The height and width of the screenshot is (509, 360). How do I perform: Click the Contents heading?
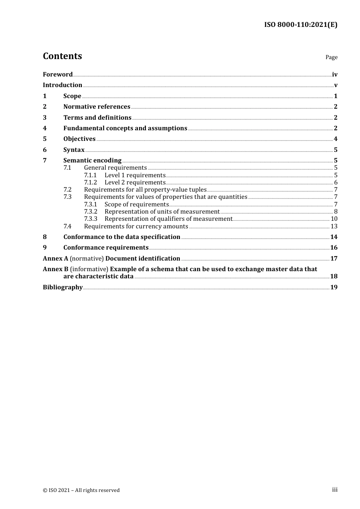point(62,56)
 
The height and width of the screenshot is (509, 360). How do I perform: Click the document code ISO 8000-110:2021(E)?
point(301,25)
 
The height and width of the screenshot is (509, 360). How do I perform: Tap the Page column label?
point(331,57)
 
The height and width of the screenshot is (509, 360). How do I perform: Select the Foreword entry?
point(58,75)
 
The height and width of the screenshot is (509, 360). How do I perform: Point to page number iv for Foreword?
point(335,75)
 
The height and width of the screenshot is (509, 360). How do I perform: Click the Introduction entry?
point(63,85)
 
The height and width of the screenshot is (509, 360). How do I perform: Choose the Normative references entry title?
point(97,107)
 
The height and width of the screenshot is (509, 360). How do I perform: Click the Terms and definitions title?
point(97,117)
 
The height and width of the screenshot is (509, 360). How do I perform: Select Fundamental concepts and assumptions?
point(125,128)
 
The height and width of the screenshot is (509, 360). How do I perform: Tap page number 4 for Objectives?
point(335,139)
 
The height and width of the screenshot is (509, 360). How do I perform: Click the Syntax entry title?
point(74,150)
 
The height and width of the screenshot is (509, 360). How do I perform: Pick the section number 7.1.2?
point(91,183)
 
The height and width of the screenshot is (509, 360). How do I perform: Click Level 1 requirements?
point(135,175)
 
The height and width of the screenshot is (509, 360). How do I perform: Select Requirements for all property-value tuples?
point(145,190)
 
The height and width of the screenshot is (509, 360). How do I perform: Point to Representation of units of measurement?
point(162,212)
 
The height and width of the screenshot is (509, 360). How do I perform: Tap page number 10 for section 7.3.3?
point(334,219)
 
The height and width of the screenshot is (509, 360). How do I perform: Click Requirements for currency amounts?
point(136,226)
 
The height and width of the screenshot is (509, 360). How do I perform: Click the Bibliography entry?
point(63,287)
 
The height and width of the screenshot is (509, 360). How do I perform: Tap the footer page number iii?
point(335,490)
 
